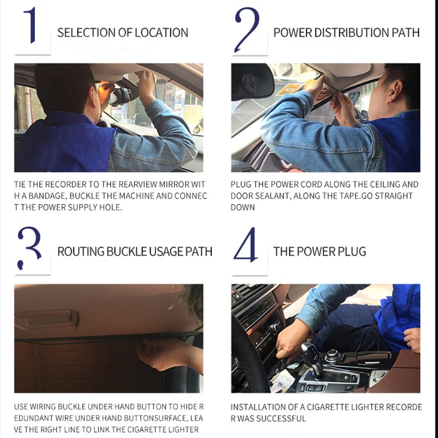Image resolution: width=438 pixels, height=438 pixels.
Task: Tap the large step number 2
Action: click(247, 30)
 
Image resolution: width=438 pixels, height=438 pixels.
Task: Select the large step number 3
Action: click(29, 248)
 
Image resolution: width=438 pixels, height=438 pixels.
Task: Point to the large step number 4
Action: click(246, 245)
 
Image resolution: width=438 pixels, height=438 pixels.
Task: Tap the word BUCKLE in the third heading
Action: click(127, 251)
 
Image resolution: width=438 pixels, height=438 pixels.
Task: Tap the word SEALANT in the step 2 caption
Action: click(268, 196)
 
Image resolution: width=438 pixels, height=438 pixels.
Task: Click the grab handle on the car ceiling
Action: click(47, 319)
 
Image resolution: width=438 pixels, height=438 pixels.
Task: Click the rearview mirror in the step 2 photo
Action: click(252, 82)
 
